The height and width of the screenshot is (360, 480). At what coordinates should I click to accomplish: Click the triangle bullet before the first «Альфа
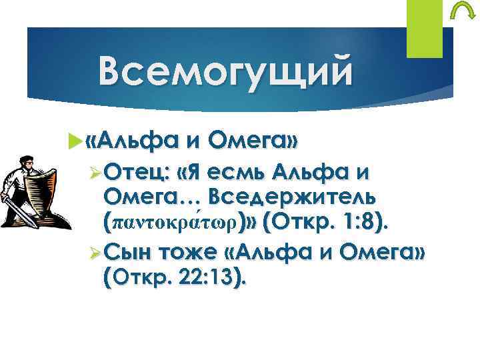tap(73, 142)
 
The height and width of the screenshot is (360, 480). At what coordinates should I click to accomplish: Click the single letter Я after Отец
tap(194, 174)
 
